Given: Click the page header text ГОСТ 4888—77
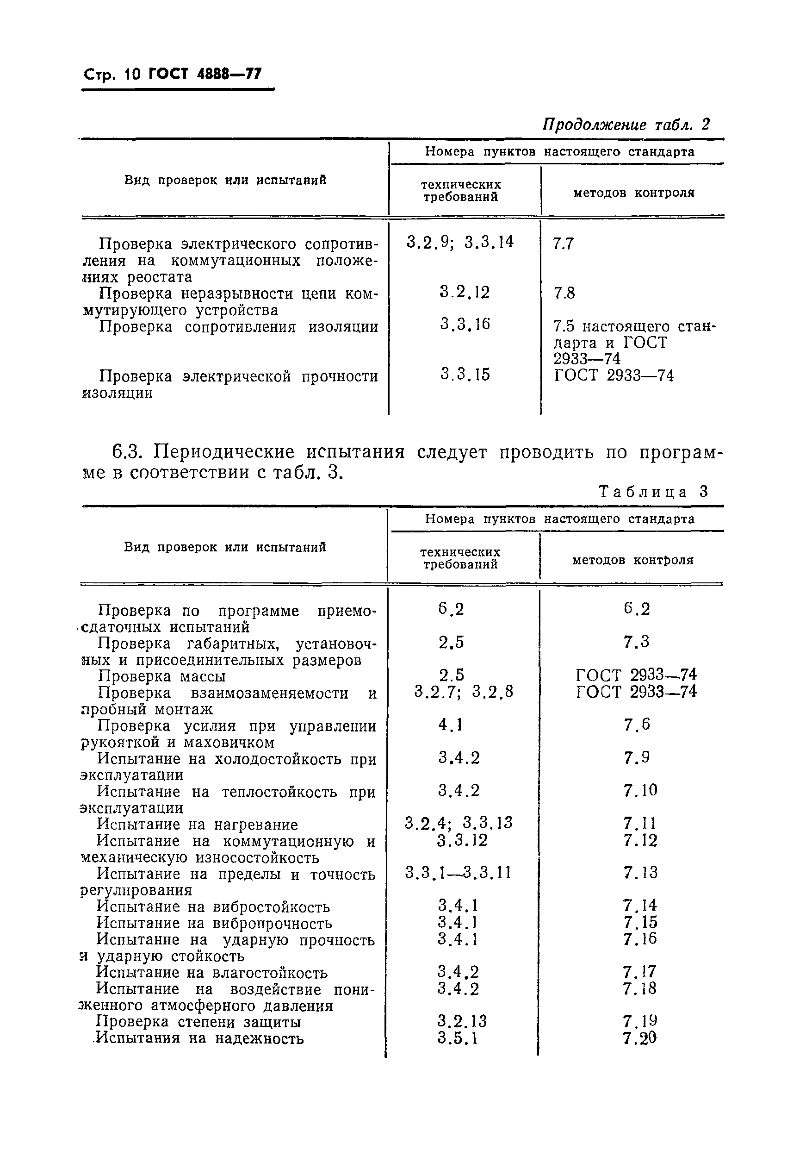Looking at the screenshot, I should [x=205, y=74].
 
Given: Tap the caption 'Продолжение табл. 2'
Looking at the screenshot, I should [x=626, y=124].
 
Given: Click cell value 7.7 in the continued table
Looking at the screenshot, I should [x=563, y=244].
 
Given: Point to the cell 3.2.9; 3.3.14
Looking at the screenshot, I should [x=460, y=243].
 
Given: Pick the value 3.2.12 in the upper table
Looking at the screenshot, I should [x=465, y=293].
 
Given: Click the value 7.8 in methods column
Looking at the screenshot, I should [x=564, y=293].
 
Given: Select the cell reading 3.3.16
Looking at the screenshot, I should [x=465, y=325].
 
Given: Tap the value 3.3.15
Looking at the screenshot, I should [x=465, y=374].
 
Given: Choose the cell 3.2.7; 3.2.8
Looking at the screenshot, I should [x=464, y=692].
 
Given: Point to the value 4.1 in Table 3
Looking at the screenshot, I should [x=451, y=725].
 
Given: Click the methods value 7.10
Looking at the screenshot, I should [x=640, y=790].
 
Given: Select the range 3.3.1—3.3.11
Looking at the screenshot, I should [x=458, y=873].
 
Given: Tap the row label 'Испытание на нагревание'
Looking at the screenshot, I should [x=197, y=824].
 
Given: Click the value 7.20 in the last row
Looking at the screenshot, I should [x=640, y=1038].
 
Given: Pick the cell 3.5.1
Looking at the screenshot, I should [x=458, y=1038].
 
